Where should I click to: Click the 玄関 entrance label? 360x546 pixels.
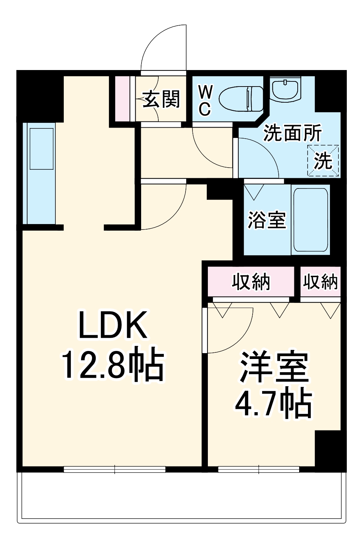(161, 99)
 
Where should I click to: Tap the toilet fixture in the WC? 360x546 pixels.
(241, 99)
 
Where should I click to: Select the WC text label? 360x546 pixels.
(205, 100)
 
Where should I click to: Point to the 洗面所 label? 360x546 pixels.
(292, 133)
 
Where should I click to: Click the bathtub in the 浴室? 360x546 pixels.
(310, 219)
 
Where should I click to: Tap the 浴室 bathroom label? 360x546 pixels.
(267, 220)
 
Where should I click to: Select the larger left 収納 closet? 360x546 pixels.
(251, 282)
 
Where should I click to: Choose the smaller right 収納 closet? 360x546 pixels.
(320, 282)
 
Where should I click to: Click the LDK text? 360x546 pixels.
(113, 325)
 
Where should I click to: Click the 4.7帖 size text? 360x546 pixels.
(273, 404)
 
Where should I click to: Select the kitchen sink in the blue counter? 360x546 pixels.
(41, 149)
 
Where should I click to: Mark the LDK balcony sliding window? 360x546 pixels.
(114, 469)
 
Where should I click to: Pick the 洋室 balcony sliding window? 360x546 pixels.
(259, 469)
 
